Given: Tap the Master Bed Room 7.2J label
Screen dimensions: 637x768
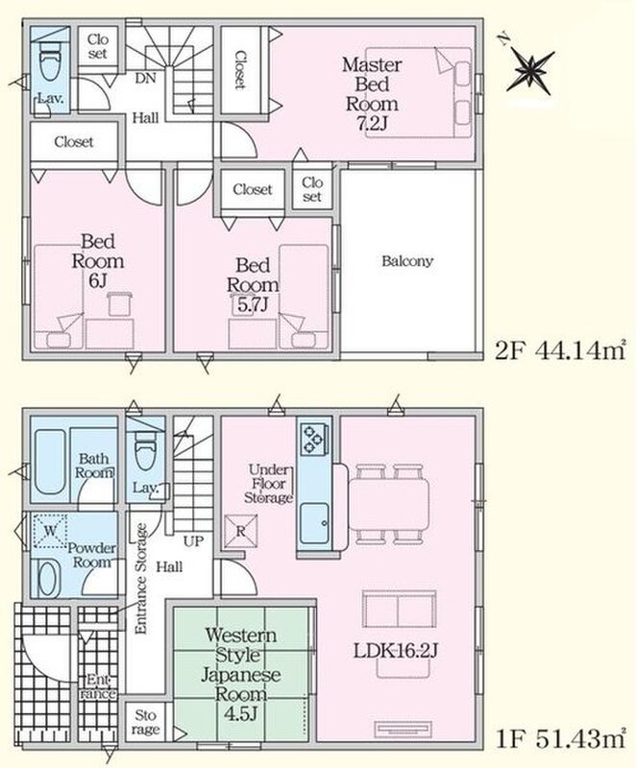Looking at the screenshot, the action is pyautogui.click(x=372, y=93).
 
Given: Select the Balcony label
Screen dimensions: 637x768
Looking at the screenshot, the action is pyautogui.click(x=407, y=261).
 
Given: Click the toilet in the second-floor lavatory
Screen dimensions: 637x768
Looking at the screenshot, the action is pyautogui.click(x=49, y=60).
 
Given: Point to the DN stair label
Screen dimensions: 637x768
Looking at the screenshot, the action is pyautogui.click(x=145, y=79).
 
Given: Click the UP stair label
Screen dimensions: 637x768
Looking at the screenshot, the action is pyautogui.click(x=193, y=541).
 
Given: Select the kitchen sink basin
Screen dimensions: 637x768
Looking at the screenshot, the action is pyautogui.click(x=314, y=523).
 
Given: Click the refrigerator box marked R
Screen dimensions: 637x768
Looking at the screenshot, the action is pyautogui.click(x=240, y=532).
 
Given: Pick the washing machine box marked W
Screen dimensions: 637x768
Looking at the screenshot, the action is pyautogui.click(x=50, y=531).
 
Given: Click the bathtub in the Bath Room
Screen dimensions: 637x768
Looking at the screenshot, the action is pyautogui.click(x=50, y=462).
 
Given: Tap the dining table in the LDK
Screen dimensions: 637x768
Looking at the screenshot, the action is pyautogui.click(x=389, y=505).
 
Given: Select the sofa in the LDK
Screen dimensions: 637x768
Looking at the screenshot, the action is pyautogui.click(x=399, y=610).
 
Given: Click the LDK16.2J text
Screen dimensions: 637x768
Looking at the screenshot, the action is pyautogui.click(x=395, y=651).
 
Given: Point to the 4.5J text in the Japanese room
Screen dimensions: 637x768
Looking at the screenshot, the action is pyautogui.click(x=240, y=714).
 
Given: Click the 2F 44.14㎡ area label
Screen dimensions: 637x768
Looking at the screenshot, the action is pyautogui.click(x=560, y=350).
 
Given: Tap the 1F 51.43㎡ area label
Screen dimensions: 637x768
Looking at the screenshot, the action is pyautogui.click(x=560, y=739).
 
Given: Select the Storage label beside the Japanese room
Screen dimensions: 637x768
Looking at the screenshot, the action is pyautogui.click(x=145, y=723).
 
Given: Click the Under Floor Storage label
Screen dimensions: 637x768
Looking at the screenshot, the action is pyautogui.click(x=268, y=484).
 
